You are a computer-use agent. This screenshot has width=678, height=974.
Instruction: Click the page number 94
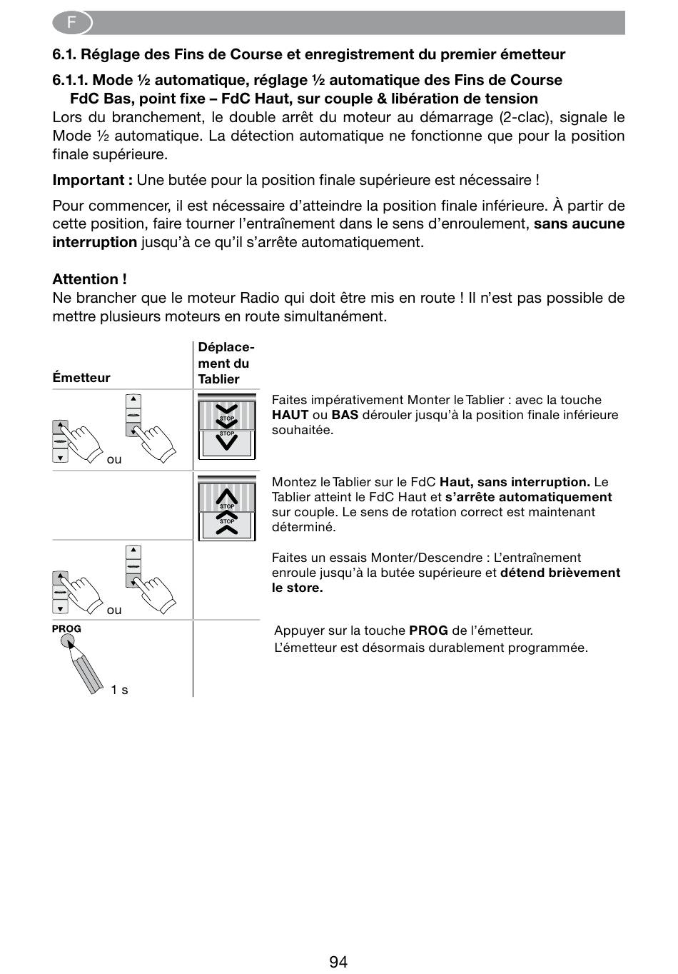[x=338, y=962]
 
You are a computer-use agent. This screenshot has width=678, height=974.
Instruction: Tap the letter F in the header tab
[x=71, y=23]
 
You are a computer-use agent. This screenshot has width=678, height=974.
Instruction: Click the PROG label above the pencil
[x=66, y=629]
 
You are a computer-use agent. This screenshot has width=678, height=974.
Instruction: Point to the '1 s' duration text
[x=119, y=690]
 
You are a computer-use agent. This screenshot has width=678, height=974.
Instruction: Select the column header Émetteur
[x=81, y=378]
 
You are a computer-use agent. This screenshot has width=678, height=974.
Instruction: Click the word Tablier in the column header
[x=218, y=379]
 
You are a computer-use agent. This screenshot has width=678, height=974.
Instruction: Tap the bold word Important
[x=89, y=180]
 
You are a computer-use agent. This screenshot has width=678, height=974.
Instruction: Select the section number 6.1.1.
[x=70, y=80]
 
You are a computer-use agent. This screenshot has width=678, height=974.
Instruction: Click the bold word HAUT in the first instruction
[x=290, y=415]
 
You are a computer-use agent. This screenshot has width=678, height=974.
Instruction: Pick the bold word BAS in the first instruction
[x=345, y=415]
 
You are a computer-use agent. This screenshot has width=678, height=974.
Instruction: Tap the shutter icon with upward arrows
[x=226, y=508]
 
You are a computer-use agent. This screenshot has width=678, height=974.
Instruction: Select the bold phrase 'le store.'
[x=297, y=588]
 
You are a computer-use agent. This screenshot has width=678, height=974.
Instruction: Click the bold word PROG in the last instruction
[x=428, y=631]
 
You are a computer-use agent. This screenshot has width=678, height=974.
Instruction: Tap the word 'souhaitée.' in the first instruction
[x=303, y=430]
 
